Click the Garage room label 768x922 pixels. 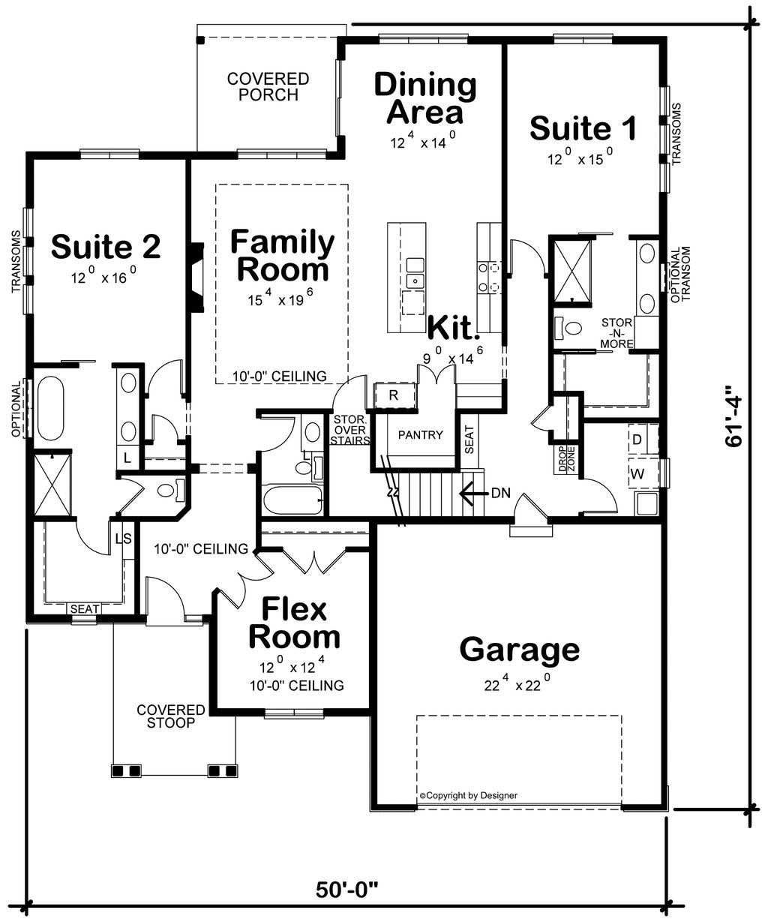(519, 650)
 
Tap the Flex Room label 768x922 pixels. (294, 623)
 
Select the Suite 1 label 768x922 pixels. (583, 128)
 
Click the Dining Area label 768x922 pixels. (424, 98)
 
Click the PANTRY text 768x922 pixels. (420, 435)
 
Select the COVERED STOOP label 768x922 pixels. (170, 716)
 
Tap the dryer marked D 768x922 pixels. (637, 440)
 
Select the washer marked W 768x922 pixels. (638, 473)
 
